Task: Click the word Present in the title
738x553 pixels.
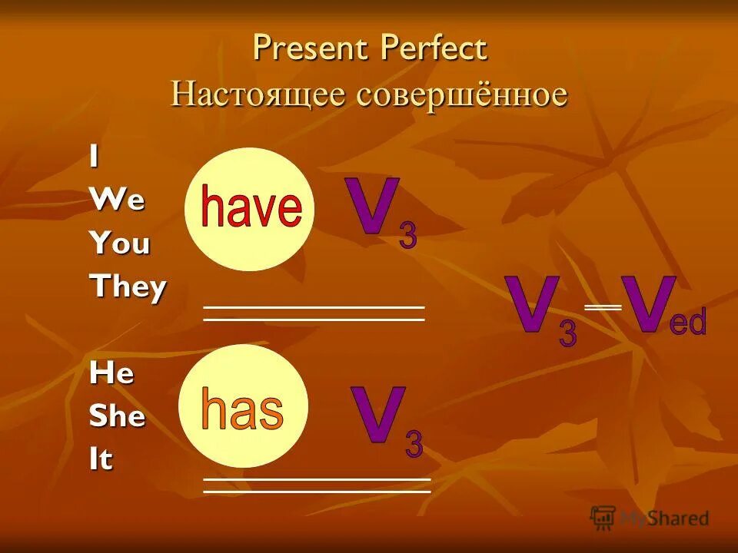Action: click(x=311, y=49)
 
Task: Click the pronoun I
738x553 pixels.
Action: click(x=94, y=157)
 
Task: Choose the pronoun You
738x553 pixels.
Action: click(x=120, y=243)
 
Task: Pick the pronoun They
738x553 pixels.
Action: click(x=128, y=288)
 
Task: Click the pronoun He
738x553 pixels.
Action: click(x=111, y=374)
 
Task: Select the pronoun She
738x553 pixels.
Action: click(x=118, y=416)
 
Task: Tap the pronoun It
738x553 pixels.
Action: click(x=101, y=459)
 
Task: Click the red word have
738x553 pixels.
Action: click(x=251, y=208)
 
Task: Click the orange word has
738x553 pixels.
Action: click(x=242, y=409)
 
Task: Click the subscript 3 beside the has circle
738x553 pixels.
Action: click(x=414, y=445)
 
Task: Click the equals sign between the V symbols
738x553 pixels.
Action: click(x=603, y=306)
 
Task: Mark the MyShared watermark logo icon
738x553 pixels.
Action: click(x=603, y=517)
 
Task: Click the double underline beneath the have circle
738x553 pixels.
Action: click(x=314, y=313)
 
